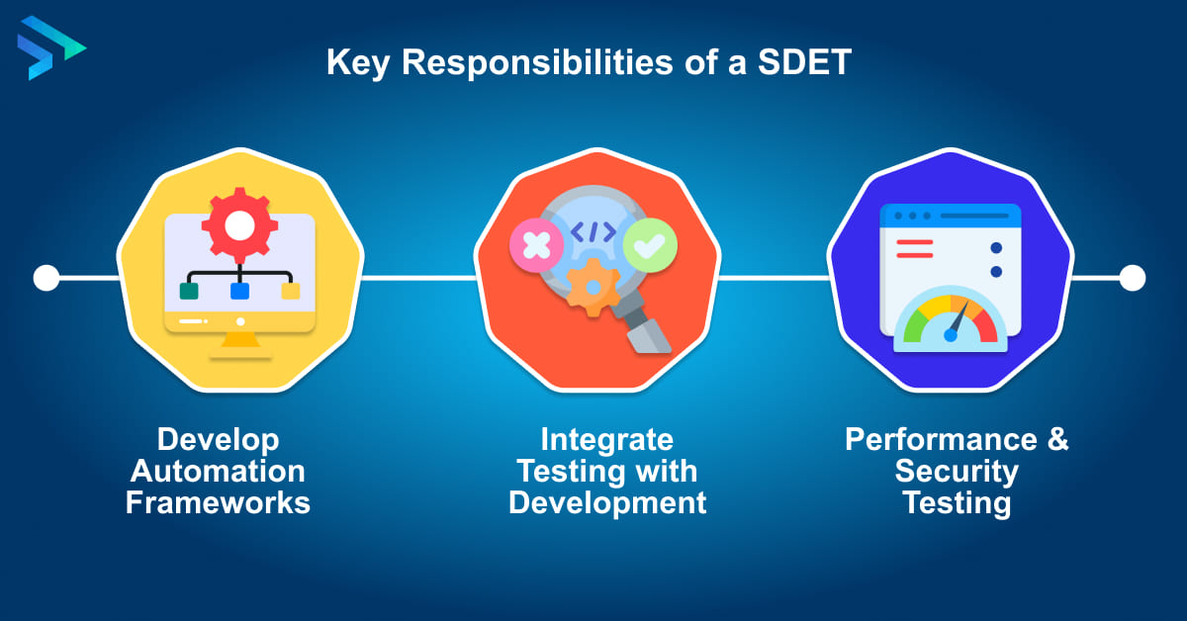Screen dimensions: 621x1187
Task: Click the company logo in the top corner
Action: [49, 47]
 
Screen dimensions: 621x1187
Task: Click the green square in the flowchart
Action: [188, 291]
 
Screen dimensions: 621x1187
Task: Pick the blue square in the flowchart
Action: [238, 291]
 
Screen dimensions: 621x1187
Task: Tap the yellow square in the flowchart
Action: [290, 291]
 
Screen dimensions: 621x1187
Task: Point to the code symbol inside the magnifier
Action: [593, 232]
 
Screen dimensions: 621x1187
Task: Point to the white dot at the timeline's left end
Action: [46, 278]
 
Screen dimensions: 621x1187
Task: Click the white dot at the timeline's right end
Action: [1132, 278]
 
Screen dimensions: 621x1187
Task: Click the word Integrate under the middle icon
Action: [606, 439]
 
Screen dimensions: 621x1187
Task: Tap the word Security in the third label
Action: [956, 471]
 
